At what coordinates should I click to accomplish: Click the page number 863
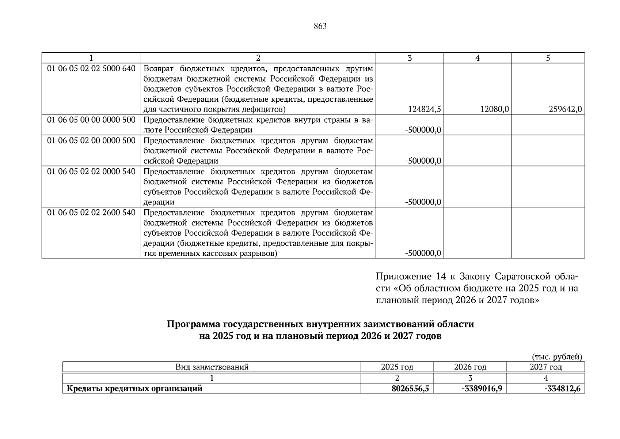(x=320, y=26)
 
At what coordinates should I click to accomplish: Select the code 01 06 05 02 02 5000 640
(x=91, y=68)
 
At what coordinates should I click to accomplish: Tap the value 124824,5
(x=423, y=109)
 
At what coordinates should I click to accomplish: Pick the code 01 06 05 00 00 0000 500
(x=91, y=120)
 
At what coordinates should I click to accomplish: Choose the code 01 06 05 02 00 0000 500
(x=91, y=140)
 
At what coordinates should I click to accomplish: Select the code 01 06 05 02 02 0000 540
(x=91, y=171)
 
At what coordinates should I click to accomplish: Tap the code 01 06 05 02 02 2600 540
(x=91, y=213)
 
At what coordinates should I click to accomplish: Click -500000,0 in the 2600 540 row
(x=423, y=253)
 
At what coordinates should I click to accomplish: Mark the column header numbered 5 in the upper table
(x=548, y=58)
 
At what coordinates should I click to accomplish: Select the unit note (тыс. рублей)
(x=557, y=357)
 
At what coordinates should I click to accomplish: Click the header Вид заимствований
(x=212, y=367)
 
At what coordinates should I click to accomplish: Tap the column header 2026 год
(x=470, y=367)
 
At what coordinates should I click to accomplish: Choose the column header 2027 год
(x=545, y=367)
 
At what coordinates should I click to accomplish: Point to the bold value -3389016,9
(x=482, y=389)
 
